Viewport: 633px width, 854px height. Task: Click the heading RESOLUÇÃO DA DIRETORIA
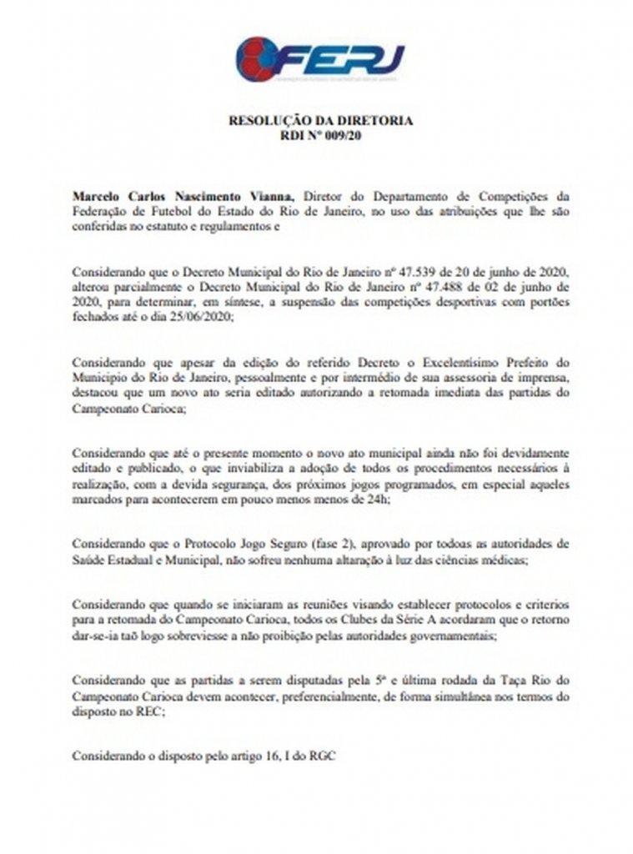click(x=320, y=120)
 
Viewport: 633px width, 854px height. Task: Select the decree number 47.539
click(x=409, y=272)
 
